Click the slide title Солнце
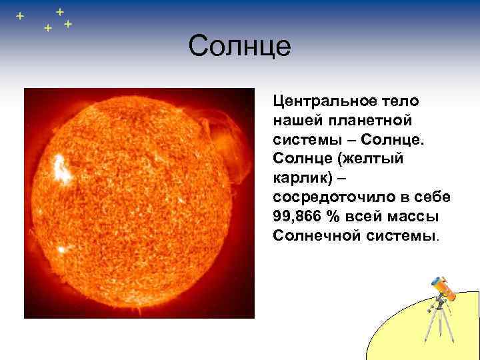point(239,47)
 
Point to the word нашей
point(295,121)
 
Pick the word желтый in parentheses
point(376,160)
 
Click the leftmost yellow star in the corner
point(20,15)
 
